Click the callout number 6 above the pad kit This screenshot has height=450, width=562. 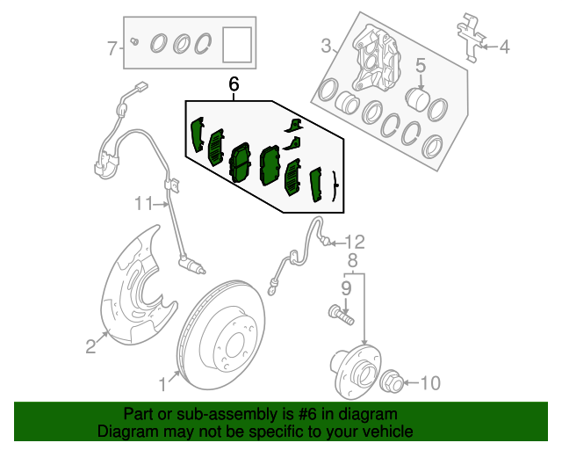[234, 84]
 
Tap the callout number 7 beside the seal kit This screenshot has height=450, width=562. [112, 48]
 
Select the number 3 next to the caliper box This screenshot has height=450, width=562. [326, 46]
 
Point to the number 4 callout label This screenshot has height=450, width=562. [504, 47]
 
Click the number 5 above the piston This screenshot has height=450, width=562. [421, 66]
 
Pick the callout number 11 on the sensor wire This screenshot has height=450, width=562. [144, 204]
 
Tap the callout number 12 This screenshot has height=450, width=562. [355, 243]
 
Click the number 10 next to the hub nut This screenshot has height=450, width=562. [430, 383]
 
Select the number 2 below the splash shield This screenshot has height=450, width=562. [90, 346]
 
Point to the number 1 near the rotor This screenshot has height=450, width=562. [162, 385]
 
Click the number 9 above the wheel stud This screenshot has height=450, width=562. [346, 288]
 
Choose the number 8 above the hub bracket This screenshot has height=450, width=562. [353, 261]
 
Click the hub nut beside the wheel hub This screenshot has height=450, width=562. [393, 381]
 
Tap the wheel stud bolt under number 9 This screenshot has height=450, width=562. [341, 315]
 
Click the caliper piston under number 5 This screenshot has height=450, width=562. [416, 100]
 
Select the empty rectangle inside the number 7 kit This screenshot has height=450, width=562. [237, 45]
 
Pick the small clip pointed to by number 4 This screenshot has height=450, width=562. [471, 38]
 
